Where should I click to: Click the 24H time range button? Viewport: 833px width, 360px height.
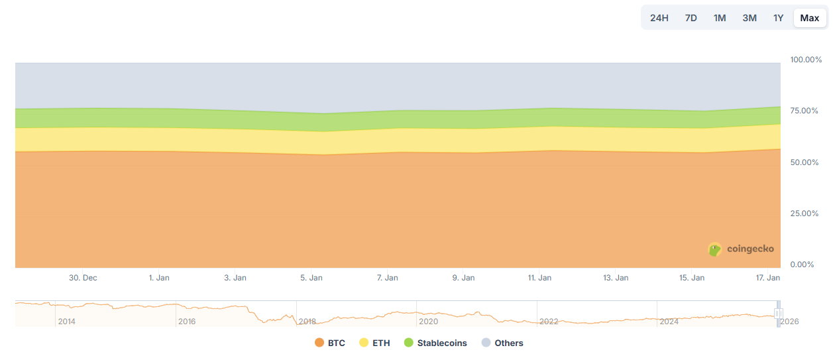click(659, 18)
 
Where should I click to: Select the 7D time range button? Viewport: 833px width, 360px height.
click(691, 18)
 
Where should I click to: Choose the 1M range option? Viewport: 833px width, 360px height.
click(720, 18)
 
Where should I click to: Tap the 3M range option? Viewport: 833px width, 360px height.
click(750, 18)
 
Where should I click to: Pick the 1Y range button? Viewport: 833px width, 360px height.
click(779, 18)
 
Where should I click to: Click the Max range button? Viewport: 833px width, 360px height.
click(809, 18)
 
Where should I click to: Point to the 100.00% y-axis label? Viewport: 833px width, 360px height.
click(806, 60)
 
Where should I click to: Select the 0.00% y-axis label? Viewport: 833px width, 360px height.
click(804, 265)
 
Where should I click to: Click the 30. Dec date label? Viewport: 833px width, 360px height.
click(83, 278)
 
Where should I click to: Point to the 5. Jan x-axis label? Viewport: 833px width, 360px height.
click(311, 278)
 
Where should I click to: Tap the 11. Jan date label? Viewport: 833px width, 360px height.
click(539, 278)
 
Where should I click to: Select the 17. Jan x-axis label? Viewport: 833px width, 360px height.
click(768, 278)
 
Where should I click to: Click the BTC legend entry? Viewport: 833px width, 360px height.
click(330, 343)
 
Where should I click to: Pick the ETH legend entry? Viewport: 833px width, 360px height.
click(374, 343)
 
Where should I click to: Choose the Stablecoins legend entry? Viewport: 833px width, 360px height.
click(435, 343)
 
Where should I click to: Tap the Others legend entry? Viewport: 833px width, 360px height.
click(502, 343)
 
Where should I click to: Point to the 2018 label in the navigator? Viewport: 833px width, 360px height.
click(307, 322)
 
